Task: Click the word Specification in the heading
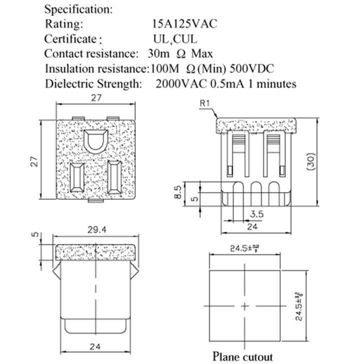[x=78, y=9]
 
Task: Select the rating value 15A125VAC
[x=185, y=24]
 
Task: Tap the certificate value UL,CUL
[x=175, y=39]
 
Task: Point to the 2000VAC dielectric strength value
[x=181, y=83]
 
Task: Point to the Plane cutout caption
[x=243, y=356]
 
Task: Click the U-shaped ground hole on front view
[x=95, y=142]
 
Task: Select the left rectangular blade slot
[x=78, y=178]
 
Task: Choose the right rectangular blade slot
[x=114, y=177]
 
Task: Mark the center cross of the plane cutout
[x=244, y=305]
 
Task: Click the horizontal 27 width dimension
[x=96, y=98]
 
